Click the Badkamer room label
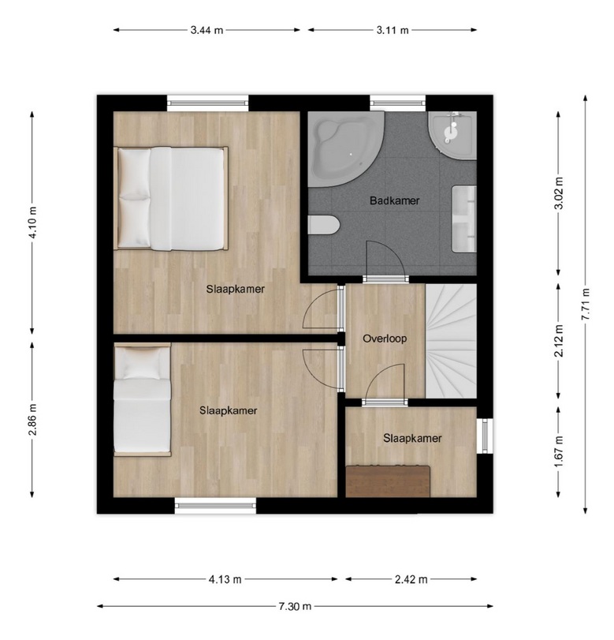coord(394,200)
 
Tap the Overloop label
coord(385,339)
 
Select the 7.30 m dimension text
coord(295,607)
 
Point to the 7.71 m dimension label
coord(586,304)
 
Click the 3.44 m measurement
coord(207,30)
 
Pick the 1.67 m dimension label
coord(559,452)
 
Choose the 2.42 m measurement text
coord(411,579)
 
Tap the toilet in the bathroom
coord(324,226)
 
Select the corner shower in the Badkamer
coord(453,134)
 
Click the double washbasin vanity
coord(464,219)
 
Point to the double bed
coord(170,199)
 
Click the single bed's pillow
coord(141,363)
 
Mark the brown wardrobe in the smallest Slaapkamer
coord(388,481)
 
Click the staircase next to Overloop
coord(451,341)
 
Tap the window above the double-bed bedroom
coord(208,103)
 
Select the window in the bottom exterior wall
coord(216,506)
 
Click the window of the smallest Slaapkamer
coord(486,436)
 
